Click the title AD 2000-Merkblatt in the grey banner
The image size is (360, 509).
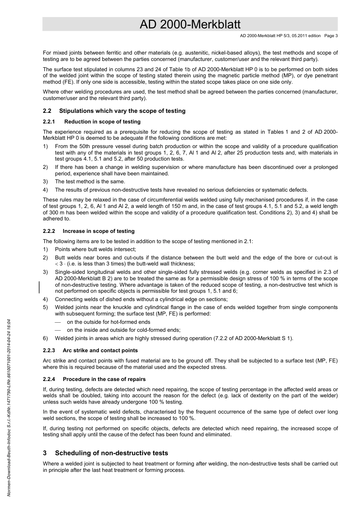click(190, 25)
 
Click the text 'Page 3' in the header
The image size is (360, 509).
click(331, 36)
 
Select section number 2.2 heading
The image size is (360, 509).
click(47, 111)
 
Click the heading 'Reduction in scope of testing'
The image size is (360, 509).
click(102, 122)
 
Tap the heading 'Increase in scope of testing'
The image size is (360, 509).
click(99, 231)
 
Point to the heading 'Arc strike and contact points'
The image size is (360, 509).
click(100, 350)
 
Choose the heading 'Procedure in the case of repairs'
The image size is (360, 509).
click(104, 379)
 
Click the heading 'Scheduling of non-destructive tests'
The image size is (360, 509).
click(111, 453)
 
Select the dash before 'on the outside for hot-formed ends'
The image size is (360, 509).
click(58, 322)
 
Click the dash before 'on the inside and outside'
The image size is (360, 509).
click(58, 330)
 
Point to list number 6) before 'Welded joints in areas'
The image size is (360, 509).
click(45, 338)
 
